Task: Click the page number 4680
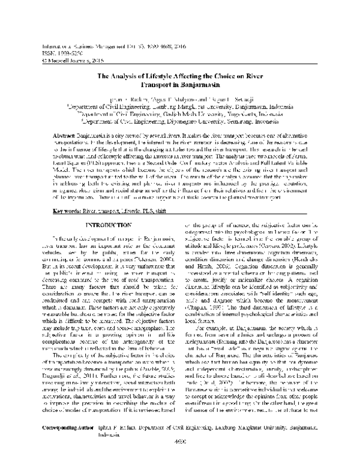tap(179, 458)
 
